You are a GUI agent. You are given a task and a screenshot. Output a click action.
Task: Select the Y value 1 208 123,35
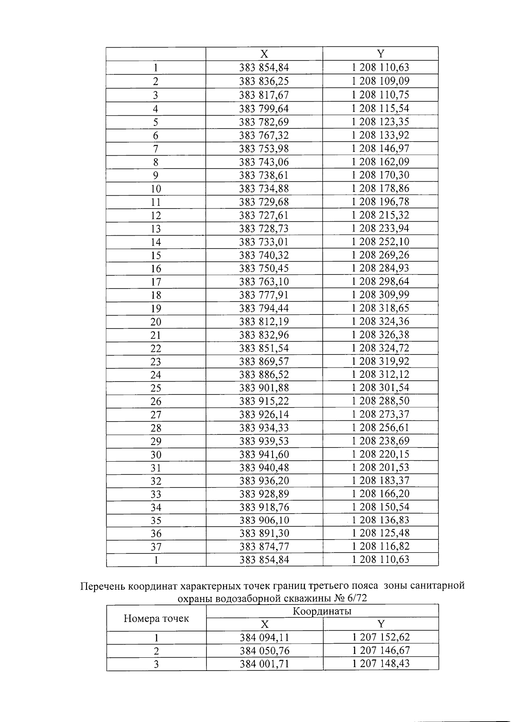[x=380, y=122]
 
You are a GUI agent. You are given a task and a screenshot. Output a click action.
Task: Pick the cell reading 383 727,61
[x=264, y=215]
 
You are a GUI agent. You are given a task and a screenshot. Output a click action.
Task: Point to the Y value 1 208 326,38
[x=380, y=335]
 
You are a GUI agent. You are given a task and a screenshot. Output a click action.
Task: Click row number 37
[x=156, y=547]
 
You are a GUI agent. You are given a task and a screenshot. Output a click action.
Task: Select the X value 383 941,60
[x=264, y=454]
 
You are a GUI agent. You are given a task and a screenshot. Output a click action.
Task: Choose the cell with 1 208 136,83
[x=380, y=520]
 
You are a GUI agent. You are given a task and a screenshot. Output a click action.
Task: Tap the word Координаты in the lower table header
[x=322, y=611]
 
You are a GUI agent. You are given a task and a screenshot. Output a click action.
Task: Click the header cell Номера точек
[x=156, y=618]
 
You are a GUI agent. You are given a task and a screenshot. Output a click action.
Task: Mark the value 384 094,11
[x=264, y=637]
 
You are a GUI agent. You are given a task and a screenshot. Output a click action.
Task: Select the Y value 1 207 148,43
[x=381, y=664]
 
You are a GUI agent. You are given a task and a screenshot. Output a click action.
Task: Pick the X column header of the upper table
[x=264, y=54]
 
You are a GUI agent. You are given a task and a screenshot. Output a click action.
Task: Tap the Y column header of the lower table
[x=381, y=624]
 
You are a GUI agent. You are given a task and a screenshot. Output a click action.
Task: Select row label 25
[x=156, y=388]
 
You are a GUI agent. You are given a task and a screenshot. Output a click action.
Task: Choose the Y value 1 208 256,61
[x=380, y=428]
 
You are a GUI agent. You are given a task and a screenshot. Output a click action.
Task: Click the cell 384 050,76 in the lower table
[x=264, y=651]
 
